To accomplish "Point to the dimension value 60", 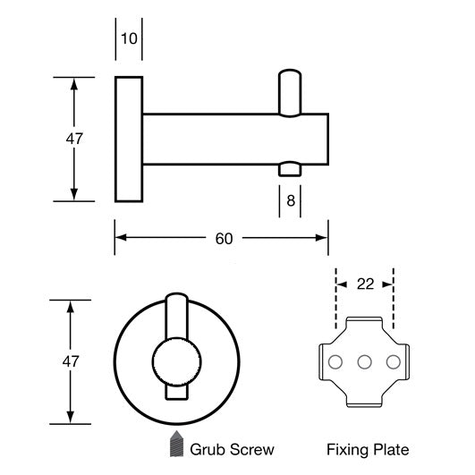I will [224, 238].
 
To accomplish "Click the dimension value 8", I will [290, 200].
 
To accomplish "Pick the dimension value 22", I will [364, 284].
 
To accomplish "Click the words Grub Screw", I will [232, 449].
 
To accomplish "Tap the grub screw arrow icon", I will [175, 445].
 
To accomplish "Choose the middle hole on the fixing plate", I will [364, 362].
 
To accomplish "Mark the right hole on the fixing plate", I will [392, 362].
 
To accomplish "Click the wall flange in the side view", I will [129, 140].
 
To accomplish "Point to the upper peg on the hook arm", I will [291, 93].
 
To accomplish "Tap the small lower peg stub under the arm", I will [291, 170].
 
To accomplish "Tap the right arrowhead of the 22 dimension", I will [389, 284].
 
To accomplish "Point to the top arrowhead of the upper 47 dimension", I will [73, 81].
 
